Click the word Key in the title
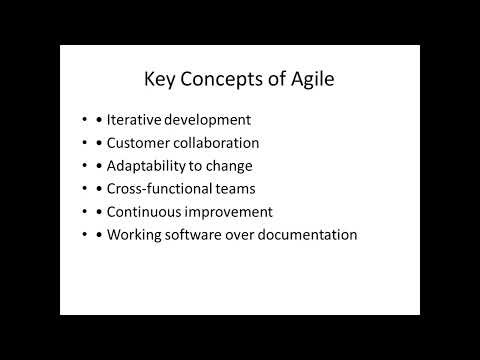pyautogui.click(x=160, y=81)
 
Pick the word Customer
pyautogui.click(x=141, y=144)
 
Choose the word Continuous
pyautogui.click(x=148, y=212)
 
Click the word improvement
pyautogui.click(x=231, y=212)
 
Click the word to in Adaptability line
pyautogui.click(x=199, y=166)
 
